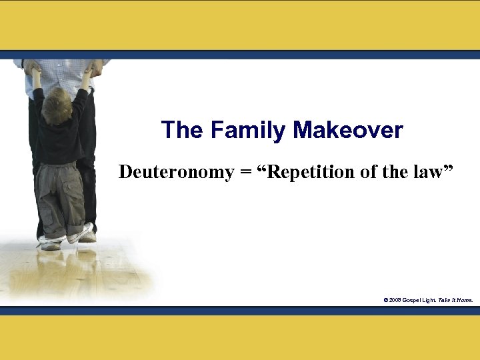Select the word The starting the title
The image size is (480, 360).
(x=182, y=130)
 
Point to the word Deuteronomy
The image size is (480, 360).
(x=177, y=172)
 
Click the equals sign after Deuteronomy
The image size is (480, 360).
(x=246, y=173)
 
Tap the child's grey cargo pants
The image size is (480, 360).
(x=61, y=197)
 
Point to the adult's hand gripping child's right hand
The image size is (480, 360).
(x=94, y=67)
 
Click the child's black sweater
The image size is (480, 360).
(x=61, y=140)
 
